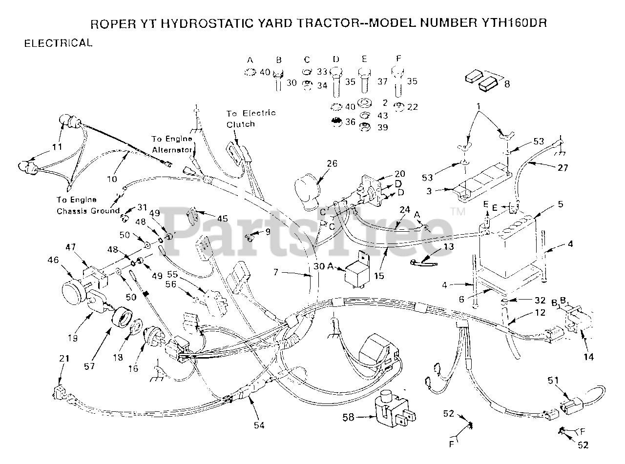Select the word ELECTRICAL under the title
(x=58, y=43)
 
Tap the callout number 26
(x=332, y=163)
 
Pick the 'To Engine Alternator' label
(x=172, y=144)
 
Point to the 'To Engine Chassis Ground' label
(x=88, y=205)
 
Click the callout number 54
(x=259, y=425)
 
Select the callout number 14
(x=588, y=357)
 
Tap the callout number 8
(x=507, y=84)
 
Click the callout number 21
(x=64, y=359)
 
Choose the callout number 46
(x=53, y=262)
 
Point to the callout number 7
(x=276, y=272)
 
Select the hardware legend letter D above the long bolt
(x=336, y=60)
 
